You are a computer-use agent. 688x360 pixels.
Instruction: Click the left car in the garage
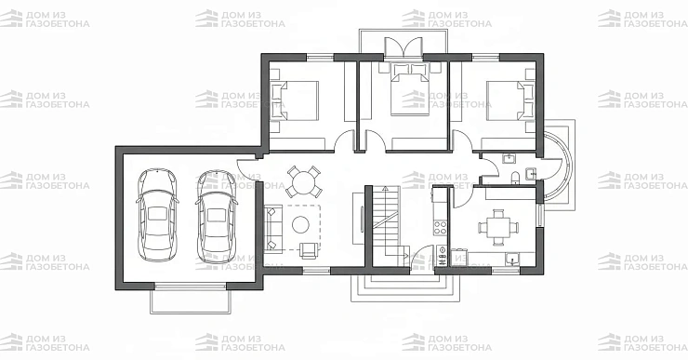(157, 215)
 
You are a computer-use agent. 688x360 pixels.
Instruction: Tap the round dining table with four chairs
(304, 181)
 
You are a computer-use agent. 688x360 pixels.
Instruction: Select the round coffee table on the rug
(300, 224)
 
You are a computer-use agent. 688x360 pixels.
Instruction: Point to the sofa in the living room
(272, 229)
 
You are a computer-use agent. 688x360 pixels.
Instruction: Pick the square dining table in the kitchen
(498, 227)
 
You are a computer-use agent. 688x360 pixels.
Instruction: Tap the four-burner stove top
(441, 227)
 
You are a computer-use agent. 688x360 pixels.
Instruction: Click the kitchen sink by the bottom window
(511, 259)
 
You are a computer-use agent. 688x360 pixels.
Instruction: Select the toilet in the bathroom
(516, 177)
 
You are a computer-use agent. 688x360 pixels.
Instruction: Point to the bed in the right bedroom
(510, 100)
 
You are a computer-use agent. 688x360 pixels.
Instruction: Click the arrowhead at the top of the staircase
(385, 189)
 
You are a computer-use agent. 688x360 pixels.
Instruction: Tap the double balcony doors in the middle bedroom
(404, 47)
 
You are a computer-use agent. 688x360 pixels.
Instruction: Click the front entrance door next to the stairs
(422, 258)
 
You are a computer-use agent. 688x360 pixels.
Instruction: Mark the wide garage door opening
(191, 287)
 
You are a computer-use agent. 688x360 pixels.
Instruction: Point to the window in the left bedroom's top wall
(320, 57)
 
